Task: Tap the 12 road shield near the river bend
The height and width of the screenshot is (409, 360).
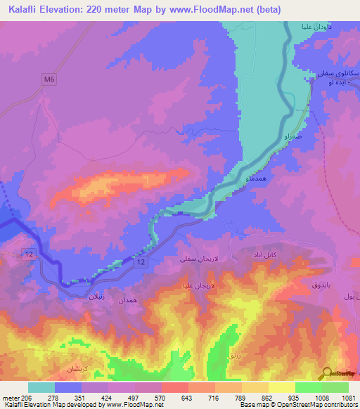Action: point(141,262)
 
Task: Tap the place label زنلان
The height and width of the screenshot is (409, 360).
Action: point(95,297)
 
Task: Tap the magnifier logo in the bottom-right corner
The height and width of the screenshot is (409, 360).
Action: point(326,373)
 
